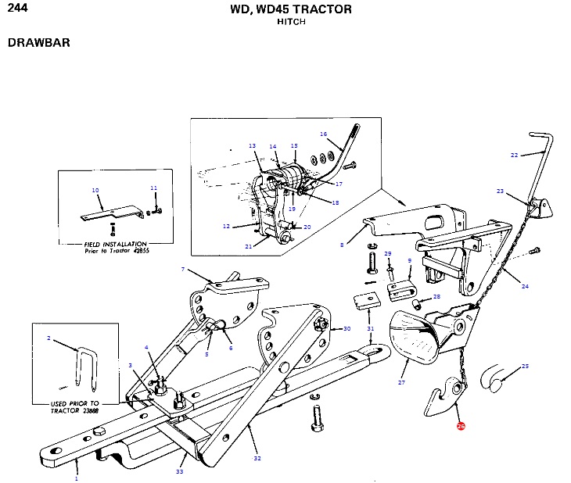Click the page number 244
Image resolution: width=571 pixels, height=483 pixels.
16,9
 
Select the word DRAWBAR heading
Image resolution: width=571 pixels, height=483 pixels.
39,42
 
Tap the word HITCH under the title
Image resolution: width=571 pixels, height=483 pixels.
291,22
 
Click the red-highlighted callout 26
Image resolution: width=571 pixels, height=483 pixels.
461,427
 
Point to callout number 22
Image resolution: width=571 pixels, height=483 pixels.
514,155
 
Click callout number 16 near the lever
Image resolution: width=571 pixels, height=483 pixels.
323,134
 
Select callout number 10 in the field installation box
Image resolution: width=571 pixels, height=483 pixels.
95,190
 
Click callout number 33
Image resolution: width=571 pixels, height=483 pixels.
180,471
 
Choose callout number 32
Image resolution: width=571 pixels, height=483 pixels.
257,457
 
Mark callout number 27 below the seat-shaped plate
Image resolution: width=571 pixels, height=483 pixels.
401,382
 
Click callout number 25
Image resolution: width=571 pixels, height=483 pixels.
525,366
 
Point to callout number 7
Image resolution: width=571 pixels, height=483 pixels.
182,270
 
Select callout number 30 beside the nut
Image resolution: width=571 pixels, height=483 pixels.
347,329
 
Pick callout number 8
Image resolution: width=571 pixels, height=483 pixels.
341,245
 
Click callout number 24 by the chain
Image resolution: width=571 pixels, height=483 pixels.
525,287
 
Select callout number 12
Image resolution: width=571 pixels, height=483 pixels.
226,227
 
